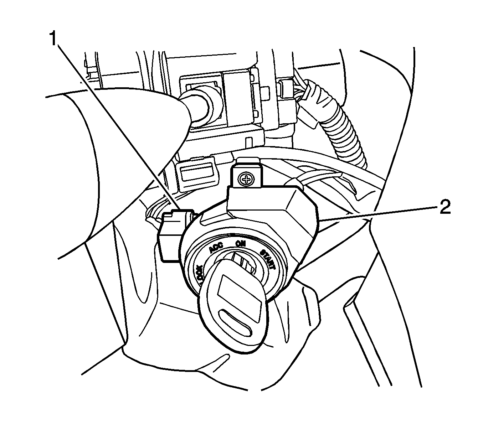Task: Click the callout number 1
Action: pos(53,38)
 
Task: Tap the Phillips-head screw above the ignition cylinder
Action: pos(246,179)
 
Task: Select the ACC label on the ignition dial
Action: pos(216,248)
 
